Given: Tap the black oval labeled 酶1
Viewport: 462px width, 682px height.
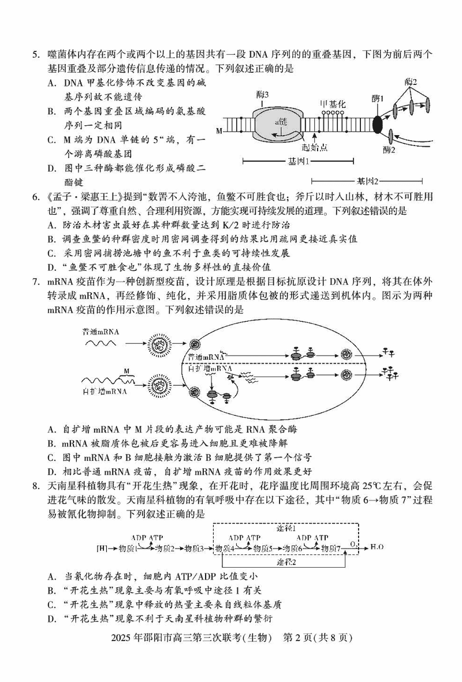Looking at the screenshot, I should [378, 124].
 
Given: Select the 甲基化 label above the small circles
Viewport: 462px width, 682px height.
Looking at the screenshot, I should [333, 104].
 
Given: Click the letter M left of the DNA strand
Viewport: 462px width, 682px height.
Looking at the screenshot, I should [219, 132].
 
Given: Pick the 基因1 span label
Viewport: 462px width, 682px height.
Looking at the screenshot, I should [299, 161].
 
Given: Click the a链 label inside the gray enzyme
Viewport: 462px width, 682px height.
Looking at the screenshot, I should [282, 122].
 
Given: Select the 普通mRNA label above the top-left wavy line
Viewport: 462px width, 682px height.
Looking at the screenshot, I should [100, 331].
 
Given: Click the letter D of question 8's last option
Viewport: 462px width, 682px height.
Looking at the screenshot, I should [51, 619].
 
